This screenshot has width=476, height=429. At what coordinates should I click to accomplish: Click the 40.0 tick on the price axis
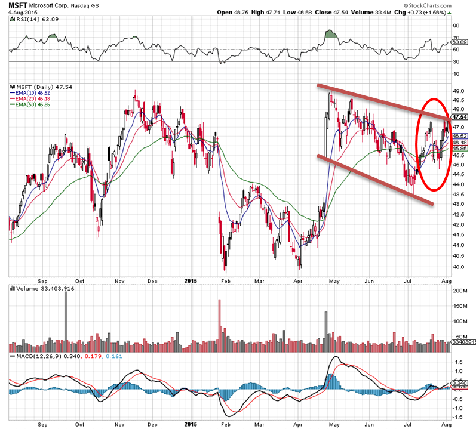(459, 267)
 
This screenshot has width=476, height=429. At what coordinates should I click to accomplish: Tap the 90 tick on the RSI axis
(456, 26)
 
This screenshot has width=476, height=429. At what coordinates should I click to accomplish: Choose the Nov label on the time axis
(119, 279)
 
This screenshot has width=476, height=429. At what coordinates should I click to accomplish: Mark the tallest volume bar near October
(65, 316)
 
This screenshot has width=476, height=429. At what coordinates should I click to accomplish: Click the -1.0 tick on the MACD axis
(459, 408)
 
